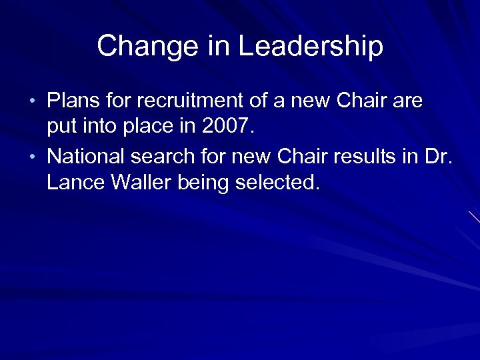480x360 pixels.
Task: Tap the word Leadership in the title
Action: tap(311, 47)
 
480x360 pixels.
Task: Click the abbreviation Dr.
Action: tap(438, 157)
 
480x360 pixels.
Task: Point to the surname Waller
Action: tap(141, 183)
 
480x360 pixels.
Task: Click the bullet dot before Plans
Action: tap(35, 102)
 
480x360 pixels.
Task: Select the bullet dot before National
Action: tap(35, 157)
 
